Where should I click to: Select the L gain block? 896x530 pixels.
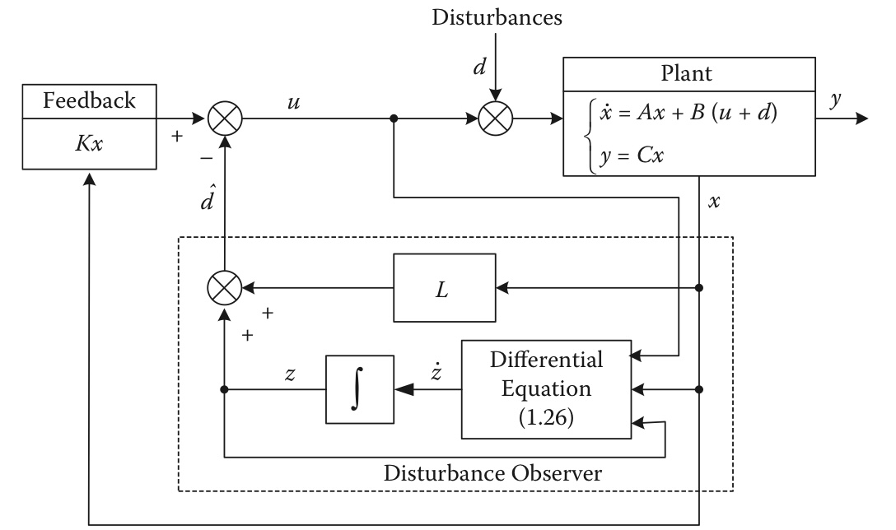coord(445,288)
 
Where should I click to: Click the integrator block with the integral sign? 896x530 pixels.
coord(360,389)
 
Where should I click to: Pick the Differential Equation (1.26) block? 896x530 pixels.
coord(546,389)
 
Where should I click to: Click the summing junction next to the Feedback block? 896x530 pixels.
coord(222,119)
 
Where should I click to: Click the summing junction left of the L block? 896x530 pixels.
coord(223,288)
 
